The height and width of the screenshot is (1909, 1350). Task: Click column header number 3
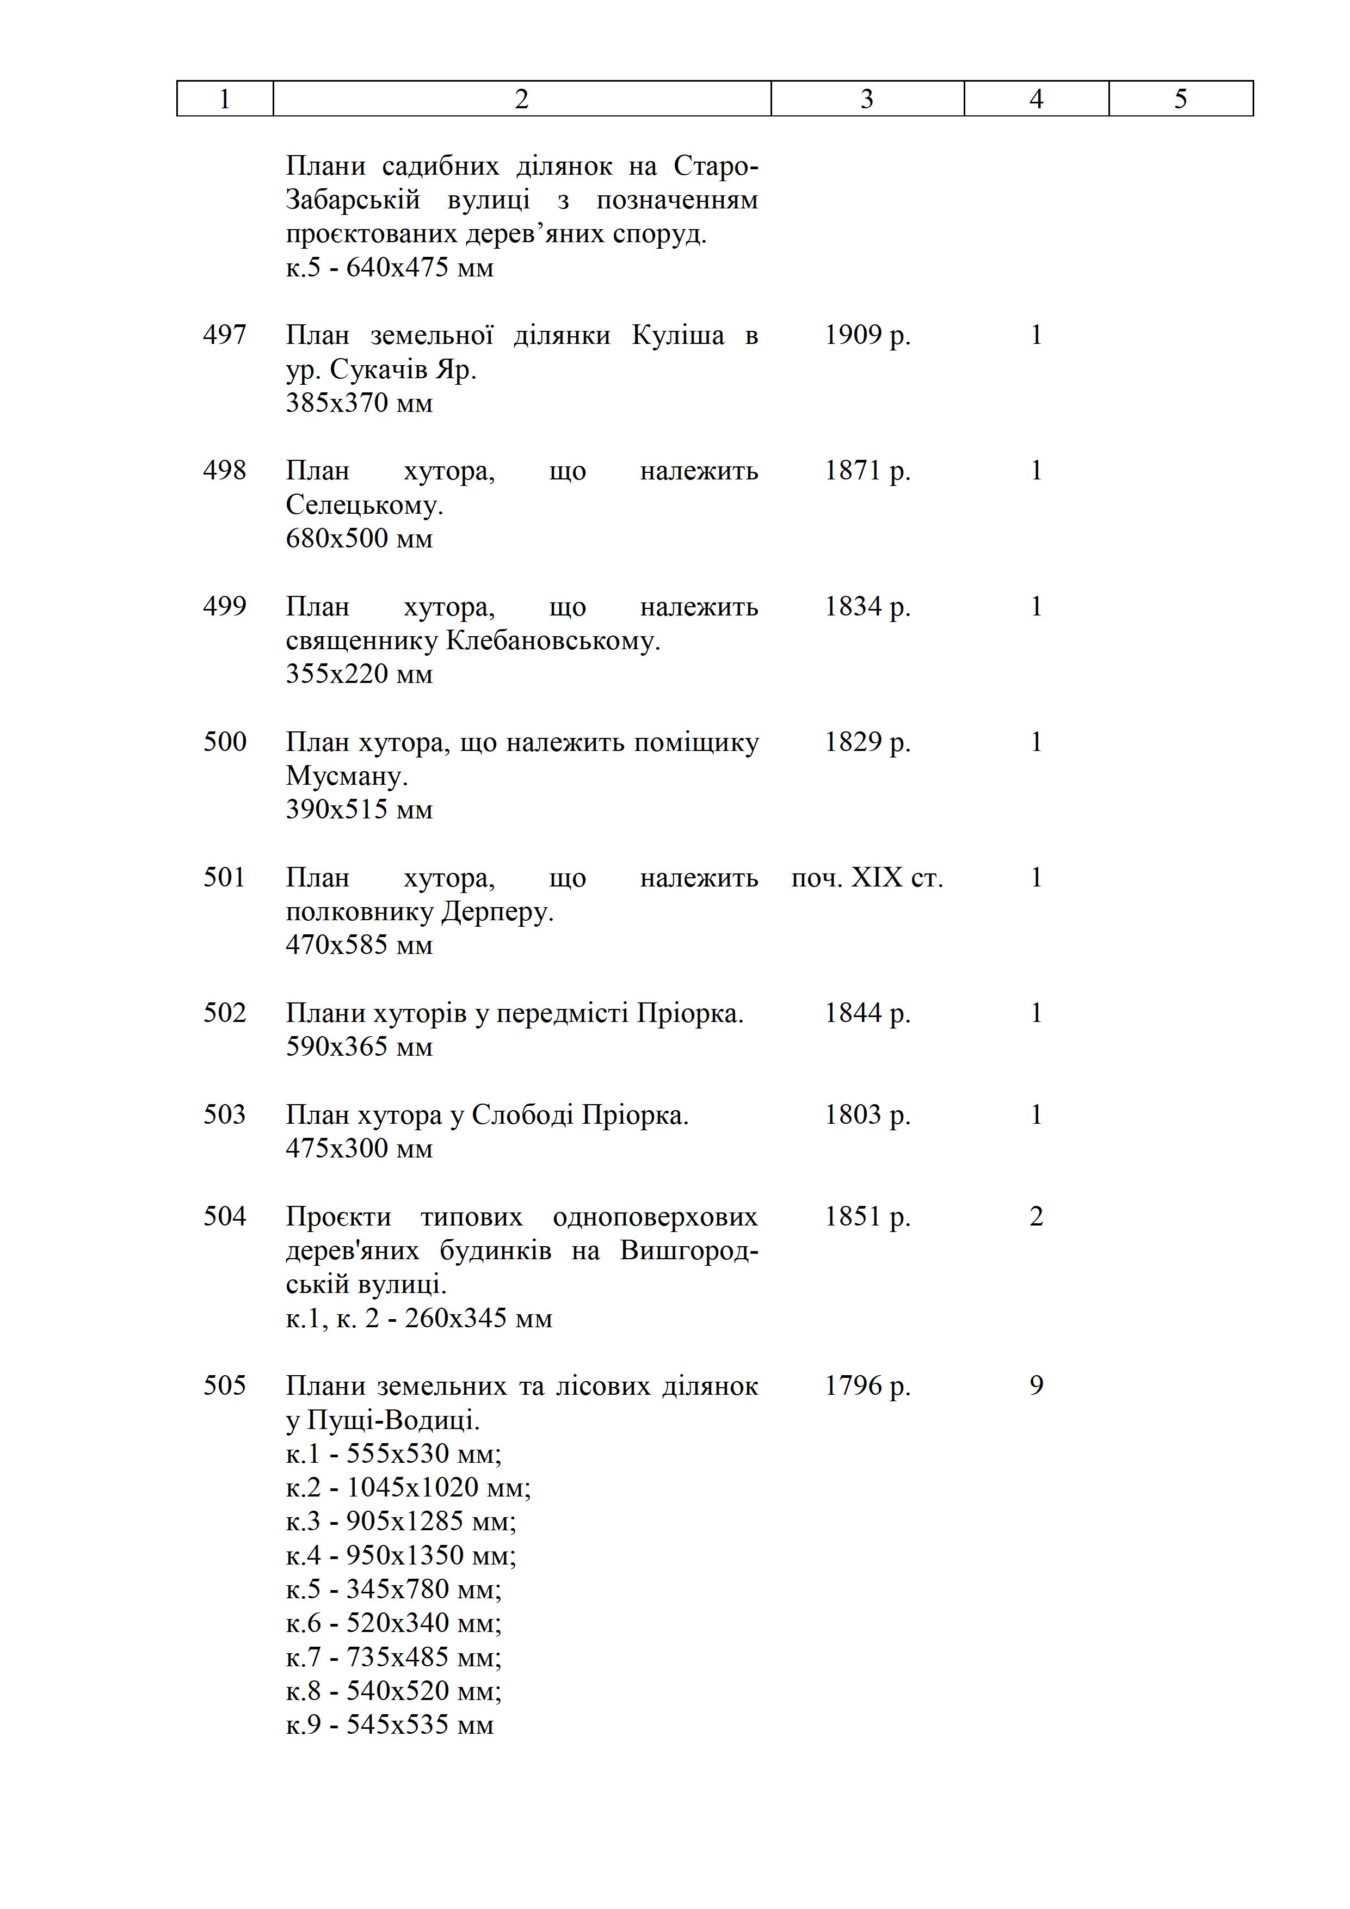(x=866, y=99)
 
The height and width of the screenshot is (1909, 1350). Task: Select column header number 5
(x=1180, y=99)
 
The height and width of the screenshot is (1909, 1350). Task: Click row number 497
(x=224, y=335)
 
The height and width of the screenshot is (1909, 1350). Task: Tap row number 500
(x=224, y=742)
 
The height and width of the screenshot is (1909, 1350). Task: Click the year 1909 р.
(x=867, y=335)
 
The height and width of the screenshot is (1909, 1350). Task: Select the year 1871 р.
(x=867, y=471)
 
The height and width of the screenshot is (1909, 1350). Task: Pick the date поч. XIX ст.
(x=867, y=877)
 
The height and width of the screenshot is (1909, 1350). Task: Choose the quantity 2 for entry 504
(x=1036, y=1216)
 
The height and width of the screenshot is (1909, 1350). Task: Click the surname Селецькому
(x=364, y=504)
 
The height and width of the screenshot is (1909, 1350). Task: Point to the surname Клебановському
(x=553, y=640)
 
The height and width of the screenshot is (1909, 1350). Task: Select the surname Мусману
(x=347, y=776)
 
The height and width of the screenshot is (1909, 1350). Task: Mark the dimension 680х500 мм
(x=359, y=539)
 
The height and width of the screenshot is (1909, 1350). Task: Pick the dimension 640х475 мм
(x=420, y=268)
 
